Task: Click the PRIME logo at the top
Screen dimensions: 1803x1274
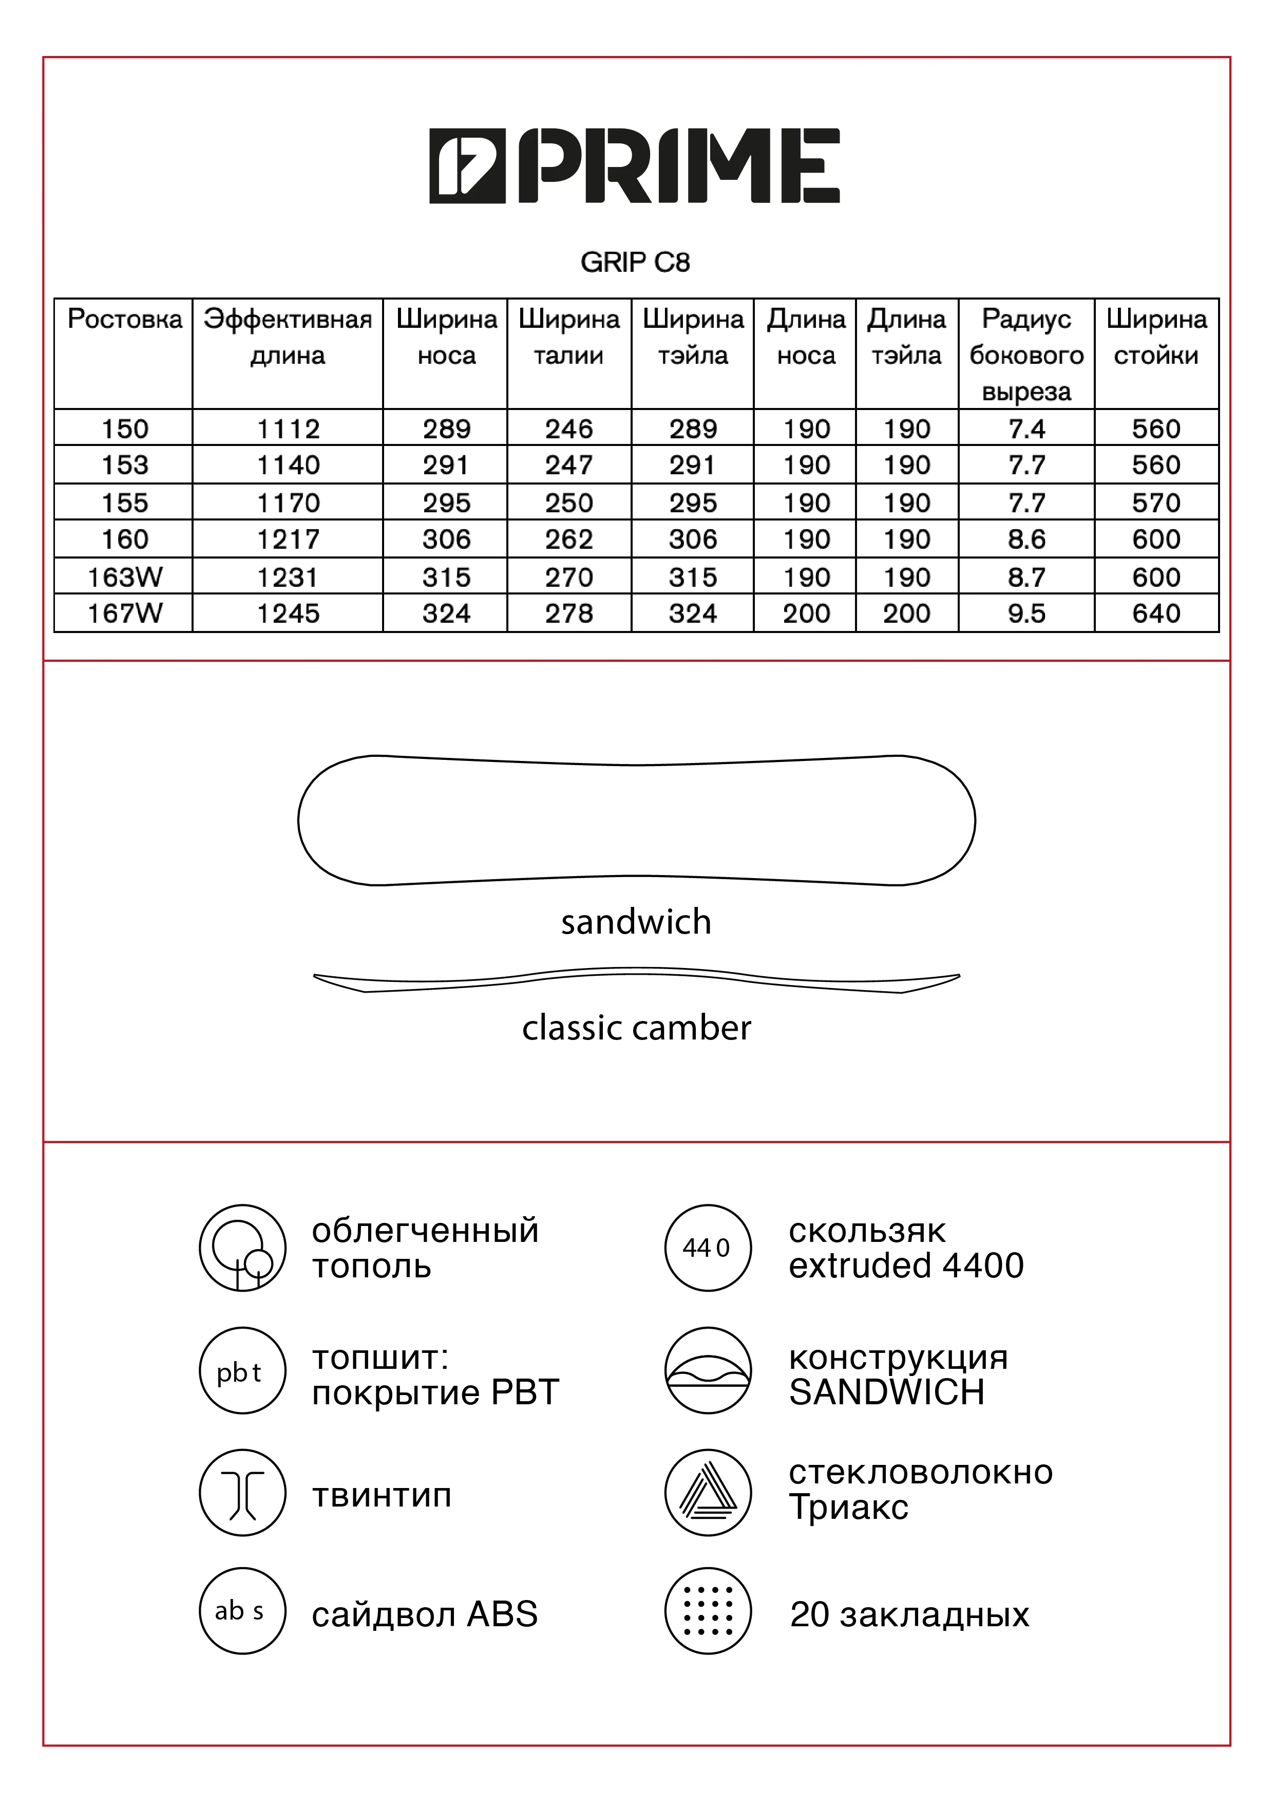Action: (634, 166)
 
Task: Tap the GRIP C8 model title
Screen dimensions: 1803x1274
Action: (635, 262)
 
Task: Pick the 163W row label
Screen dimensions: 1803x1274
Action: (124, 577)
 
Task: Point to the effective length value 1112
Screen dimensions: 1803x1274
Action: (288, 429)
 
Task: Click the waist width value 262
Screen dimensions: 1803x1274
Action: (569, 540)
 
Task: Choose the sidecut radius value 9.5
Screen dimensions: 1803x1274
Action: (1026, 614)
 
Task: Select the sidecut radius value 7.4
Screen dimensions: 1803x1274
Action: (1026, 429)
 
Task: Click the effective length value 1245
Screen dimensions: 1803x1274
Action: (288, 614)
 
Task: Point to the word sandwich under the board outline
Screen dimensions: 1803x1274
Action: (636, 922)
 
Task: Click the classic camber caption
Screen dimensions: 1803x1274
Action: (636, 1028)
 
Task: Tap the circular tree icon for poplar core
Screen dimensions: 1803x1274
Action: (242, 1248)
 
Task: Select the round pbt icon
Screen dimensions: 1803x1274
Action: (242, 1370)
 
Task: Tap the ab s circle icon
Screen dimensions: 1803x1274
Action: (242, 1611)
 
